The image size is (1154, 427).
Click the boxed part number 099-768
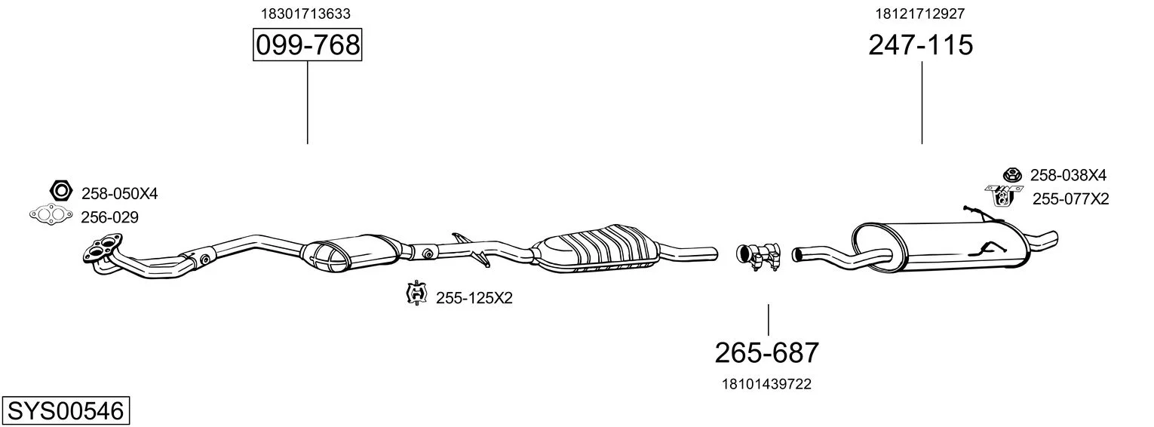pos(308,45)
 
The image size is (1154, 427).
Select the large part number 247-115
pos(921,45)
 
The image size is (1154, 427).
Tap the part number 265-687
pos(766,353)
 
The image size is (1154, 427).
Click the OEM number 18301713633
pos(305,14)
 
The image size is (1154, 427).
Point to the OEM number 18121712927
pos(919,14)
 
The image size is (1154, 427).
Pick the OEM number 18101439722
pos(766,384)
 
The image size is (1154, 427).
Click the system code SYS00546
pos(66,411)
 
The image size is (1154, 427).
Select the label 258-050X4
pos(119,194)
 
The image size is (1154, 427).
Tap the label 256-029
pos(109,217)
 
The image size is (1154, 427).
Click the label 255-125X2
pos(474,298)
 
